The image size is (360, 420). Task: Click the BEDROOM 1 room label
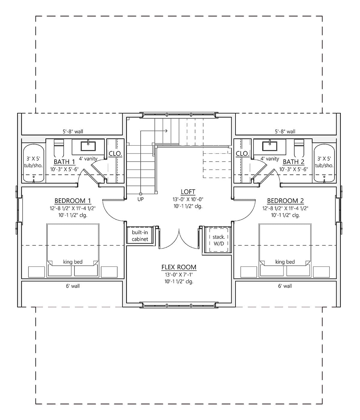[73, 201]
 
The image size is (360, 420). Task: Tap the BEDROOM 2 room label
[285, 201]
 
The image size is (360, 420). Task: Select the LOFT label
[188, 192]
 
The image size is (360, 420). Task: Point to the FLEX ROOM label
[179, 267]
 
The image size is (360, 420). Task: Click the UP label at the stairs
[140, 199]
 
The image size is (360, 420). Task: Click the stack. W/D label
[219, 240]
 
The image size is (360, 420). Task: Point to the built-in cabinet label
[140, 236]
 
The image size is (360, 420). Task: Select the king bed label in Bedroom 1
[73, 262]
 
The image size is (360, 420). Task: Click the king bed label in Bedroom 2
[285, 262]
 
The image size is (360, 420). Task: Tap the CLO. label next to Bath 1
[115, 154]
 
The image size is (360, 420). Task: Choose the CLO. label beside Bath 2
[242, 154]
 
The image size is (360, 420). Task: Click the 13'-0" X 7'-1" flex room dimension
[179, 275]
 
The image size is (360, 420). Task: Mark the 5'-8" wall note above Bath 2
[285, 131]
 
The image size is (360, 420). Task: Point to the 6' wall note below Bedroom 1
[73, 286]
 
